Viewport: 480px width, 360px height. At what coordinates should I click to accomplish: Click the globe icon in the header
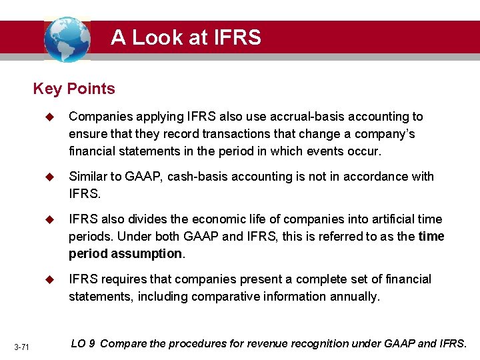click(67, 39)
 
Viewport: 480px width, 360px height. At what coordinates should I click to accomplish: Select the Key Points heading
click(74, 89)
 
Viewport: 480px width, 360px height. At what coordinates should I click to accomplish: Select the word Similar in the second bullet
click(88, 177)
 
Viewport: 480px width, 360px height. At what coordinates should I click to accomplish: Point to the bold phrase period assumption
click(125, 254)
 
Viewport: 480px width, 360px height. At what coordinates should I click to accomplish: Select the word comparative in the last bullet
click(219, 297)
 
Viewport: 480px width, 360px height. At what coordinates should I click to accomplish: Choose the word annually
click(355, 297)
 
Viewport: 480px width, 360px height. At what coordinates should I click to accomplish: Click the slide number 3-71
click(21, 347)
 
